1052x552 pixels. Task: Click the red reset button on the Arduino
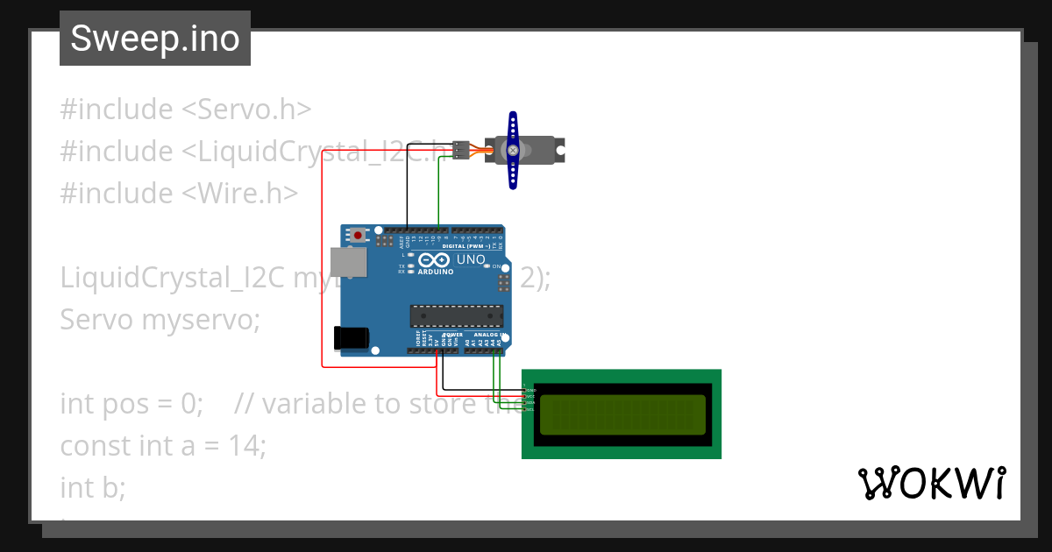click(x=358, y=235)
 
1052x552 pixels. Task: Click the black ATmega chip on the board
click(x=457, y=315)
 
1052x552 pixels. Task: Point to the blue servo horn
click(x=513, y=150)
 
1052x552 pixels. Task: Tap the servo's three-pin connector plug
click(x=461, y=150)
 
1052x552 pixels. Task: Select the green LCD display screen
click(x=622, y=414)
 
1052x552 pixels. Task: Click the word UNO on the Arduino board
click(x=471, y=259)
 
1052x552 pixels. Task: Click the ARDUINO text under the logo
click(x=436, y=272)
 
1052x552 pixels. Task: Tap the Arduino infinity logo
click(x=435, y=260)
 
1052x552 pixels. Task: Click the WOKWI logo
click(x=931, y=483)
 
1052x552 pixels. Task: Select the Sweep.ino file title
click(x=155, y=39)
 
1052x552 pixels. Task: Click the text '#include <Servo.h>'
click(x=186, y=110)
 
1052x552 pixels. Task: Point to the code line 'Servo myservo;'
click(x=160, y=320)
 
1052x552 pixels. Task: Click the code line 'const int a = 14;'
click(x=162, y=445)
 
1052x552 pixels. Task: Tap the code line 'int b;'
click(x=93, y=486)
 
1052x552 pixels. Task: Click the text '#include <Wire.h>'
click(x=179, y=193)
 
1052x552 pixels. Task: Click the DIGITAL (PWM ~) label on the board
click(x=466, y=246)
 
